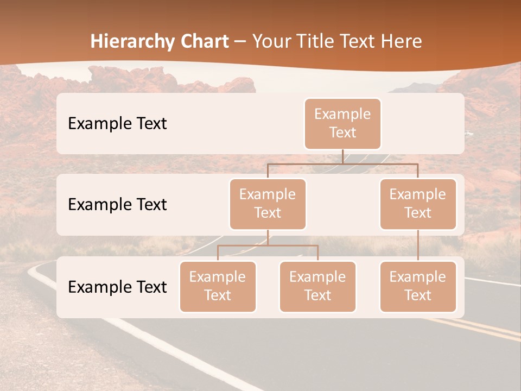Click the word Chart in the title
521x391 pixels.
[x=204, y=41]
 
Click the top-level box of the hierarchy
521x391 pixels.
[x=342, y=123]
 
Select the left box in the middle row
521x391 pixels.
[x=268, y=204]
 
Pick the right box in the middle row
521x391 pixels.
[x=418, y=204]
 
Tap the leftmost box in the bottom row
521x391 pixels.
[x=218, y=286]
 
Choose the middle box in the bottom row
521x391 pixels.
[x=317, y=286]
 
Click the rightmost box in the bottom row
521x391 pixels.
[x=418, y=286]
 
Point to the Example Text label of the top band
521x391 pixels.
[x=117, y=124]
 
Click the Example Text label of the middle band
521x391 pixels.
[x=117, y=205]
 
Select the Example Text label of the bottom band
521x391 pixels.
[x=117, y=287]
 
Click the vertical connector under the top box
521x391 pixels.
[x=342, y=156]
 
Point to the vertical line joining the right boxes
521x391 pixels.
[x=418, y=245]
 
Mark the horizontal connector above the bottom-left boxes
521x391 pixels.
[x=268, y=245]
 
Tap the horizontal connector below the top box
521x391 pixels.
[x=342, y=163]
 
